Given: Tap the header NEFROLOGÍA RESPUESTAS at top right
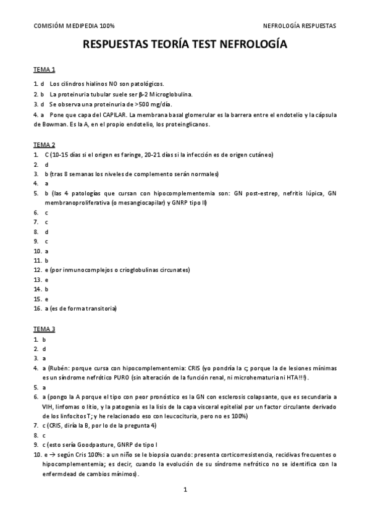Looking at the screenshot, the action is (x=300, y=26).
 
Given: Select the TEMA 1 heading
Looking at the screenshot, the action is (x=44, y=69).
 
